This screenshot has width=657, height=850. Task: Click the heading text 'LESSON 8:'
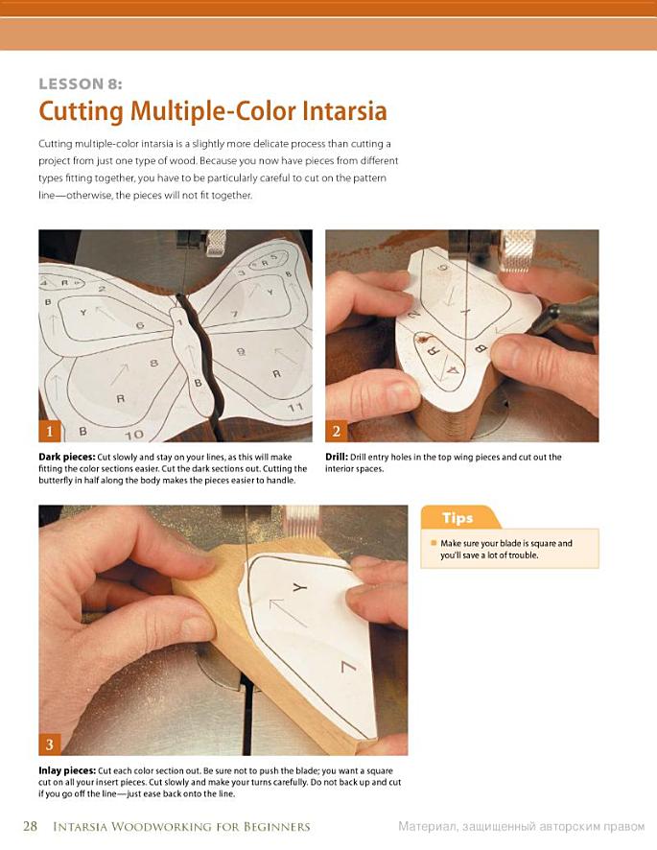coord(81,84)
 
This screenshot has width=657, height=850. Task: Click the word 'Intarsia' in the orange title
coord(344,111)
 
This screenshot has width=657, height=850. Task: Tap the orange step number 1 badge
coord(50,432)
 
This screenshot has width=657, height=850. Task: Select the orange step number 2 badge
coord(336,432)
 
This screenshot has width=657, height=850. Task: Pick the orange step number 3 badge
coord(50,744)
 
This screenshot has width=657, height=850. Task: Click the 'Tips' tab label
coord(457,518)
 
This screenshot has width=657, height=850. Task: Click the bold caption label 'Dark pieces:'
coord(67,457)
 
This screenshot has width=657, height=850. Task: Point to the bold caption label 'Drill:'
coord(337,457)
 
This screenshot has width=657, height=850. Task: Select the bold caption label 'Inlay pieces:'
coord(67,771)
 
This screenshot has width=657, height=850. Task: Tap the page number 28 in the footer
coord(31,826)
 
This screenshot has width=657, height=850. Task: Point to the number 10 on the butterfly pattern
coord(134,435)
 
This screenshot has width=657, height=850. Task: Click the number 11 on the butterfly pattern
coord(294,407)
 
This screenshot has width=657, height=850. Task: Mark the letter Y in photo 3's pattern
coord(300,588)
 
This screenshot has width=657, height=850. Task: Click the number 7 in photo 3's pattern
coord(348,666)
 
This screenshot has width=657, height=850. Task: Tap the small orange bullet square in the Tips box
coord(434,543)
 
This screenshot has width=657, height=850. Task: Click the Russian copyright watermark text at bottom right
coord(522,827)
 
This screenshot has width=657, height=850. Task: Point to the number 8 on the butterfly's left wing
coord(154,363)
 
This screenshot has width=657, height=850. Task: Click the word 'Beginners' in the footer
coord(276,827)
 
